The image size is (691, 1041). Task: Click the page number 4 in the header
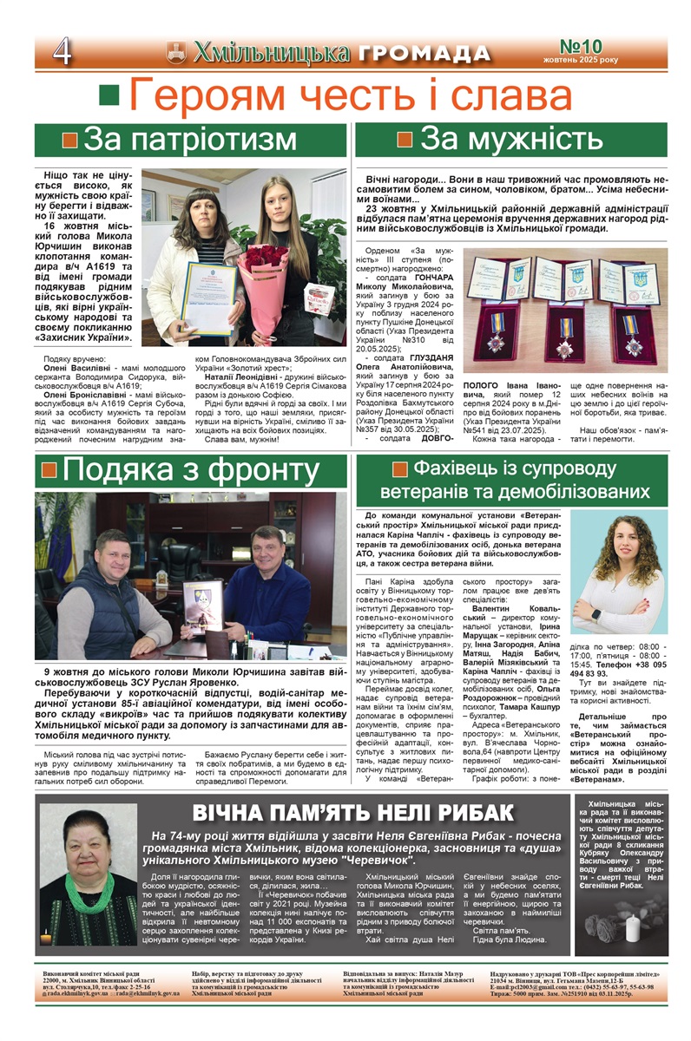62,53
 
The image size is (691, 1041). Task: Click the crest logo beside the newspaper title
176,53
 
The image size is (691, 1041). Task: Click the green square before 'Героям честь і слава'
109,95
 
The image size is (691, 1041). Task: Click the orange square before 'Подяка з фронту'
49,470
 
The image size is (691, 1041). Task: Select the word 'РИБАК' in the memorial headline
473,814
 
